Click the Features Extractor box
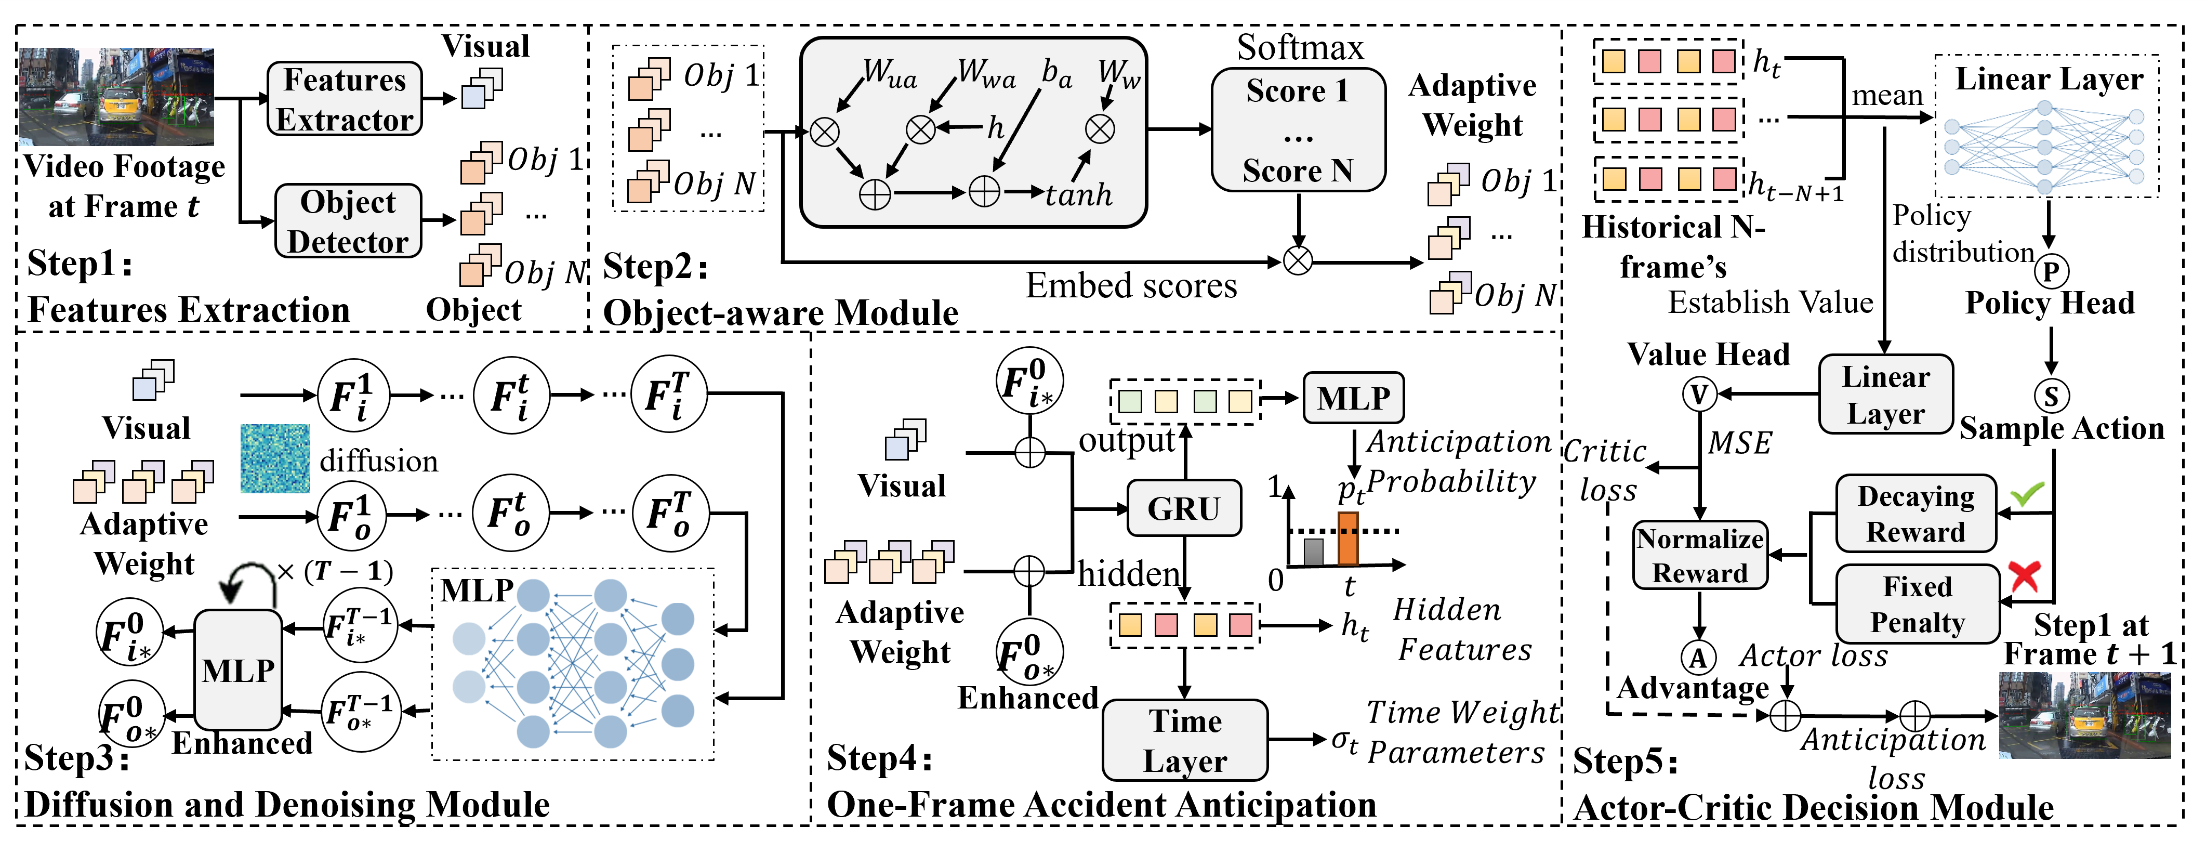[345, 98]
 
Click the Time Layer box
[1185, 740]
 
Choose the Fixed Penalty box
[1918, 604]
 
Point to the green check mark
[2027, 494]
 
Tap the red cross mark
[2025, 576]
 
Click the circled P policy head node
[2051, 271]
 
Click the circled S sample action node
[2051, 396]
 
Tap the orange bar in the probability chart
[1348, 539]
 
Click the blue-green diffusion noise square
[275, 458]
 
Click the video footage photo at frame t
[116, 97]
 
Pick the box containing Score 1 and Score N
[1298, 129]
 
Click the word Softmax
[1300, 47]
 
